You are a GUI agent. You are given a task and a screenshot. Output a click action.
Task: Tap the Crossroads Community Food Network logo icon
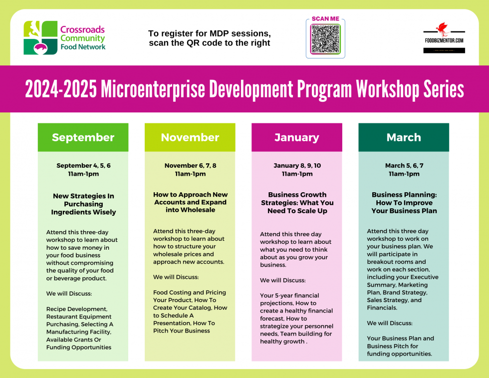click(x=40, y=37)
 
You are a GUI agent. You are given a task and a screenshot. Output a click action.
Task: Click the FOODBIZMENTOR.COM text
click(x=444, y=40)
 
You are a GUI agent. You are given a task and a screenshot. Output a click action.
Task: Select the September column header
click(x=83, y=137)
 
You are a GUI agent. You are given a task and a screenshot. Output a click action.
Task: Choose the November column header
click(x=190, y=137)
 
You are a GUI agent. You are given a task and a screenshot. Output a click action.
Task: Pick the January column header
click(x=296, y=137)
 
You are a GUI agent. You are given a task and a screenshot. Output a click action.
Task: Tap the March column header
click(x=404, y=137)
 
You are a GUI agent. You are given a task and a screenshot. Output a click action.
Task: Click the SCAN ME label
click(x=325, y=19)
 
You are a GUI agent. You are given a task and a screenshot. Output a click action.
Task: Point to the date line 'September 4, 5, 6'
click(x=83, y=166)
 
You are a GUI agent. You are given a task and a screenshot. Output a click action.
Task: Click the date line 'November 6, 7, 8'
click(x=190, y=166)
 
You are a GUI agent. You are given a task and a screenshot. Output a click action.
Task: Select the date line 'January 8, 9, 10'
click(x=297, y=166)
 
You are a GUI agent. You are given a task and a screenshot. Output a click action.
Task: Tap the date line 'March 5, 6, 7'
click(x=404, y=166)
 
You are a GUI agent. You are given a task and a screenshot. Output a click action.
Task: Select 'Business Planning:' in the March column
click(x=404, y=195)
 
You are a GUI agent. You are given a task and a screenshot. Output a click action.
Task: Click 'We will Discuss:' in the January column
click(x=282, y=280)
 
